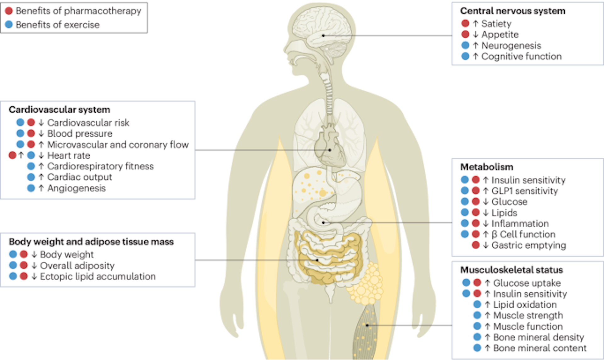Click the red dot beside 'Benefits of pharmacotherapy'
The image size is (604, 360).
pyautogui.click(x=9, y=11)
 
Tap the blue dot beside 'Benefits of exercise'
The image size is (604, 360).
pyautogui.click(x=9, y=25)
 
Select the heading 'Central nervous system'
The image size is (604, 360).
pyautogui.click(x=512, y=11)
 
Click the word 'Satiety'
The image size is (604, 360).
pyautogui.click(x=496, y=24)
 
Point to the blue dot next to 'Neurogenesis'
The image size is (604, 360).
pyautogui.click(x=465, y=45)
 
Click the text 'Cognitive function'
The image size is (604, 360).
pyautogui.click(x=521, y=56)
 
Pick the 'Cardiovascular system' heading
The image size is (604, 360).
pyautogui.click(x=59, y=110)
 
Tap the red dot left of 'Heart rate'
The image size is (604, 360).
pyautogui.click(x=12, y=155)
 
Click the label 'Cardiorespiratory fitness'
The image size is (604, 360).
pyautogui.click(x=100, y=166)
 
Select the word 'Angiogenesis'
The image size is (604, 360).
pyautogui.click(x=76, y=188)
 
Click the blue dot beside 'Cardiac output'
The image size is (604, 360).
pyautogui.click(x=31, y=177)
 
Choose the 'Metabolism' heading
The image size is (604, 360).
pyautogui.click(x=487, y=167)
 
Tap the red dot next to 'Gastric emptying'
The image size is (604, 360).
pyautogui.click(x=476, y=245)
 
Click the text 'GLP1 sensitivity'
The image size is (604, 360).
pyautogui.click(x=524, y=191)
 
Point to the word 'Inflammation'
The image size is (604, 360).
pyautogui.click(x=520, y=223)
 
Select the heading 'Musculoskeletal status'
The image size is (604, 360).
pyautogui.click(x=512, y=270)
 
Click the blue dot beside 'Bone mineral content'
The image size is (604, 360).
pyautogui.click(x=477, y=348)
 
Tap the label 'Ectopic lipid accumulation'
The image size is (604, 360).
pyautogui.click(x=98, y=276)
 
